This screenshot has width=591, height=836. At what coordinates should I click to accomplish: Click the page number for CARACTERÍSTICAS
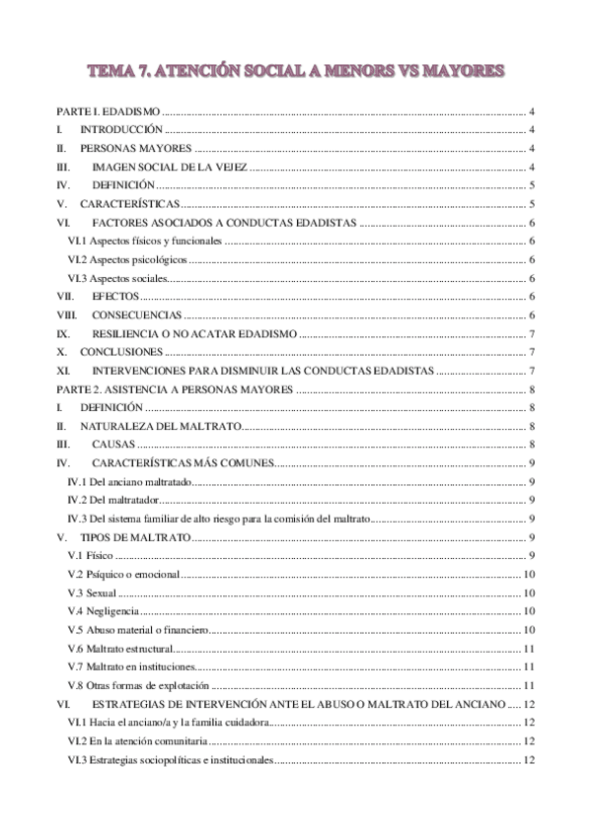coord(532,204)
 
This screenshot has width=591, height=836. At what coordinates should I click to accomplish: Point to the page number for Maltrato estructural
coord(529,649)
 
